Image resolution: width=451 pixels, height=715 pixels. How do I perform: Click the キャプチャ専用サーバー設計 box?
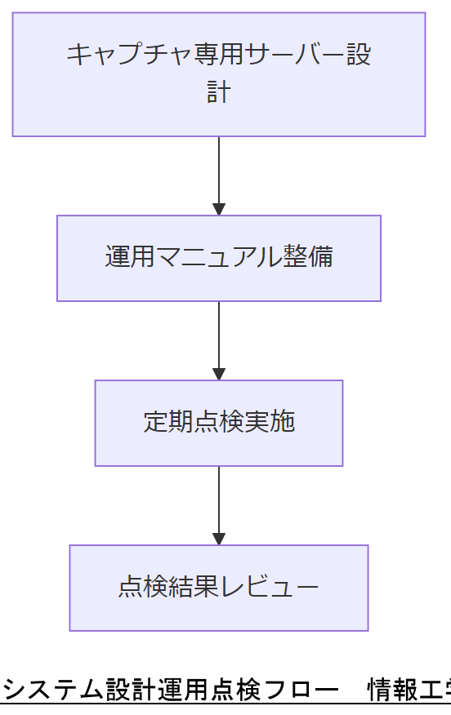pyautogui.click(x=218, y=74)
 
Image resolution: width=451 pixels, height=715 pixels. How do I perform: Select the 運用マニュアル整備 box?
pyautogui.click(x=218, y=258)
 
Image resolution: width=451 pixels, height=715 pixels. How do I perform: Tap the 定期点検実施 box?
pyautogui.click(x=218, y=423)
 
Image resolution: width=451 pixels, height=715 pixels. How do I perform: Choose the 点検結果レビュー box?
pyautogui.click(x=218, y=588)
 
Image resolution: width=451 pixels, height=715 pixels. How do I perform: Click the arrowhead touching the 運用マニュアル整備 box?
pyautogui.click(x=218, y=209)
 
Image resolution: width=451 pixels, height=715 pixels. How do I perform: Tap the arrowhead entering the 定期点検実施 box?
pyautogui.click(x=218, y=374)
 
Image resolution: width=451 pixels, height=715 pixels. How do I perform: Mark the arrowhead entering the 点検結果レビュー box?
pyautogui.click(x=218, y=539)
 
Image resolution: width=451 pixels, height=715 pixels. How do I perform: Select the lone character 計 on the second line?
pyautogui.click(x=218, y=91)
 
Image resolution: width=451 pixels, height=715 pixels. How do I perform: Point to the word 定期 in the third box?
pyautogui.click(x=162, y=422)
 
